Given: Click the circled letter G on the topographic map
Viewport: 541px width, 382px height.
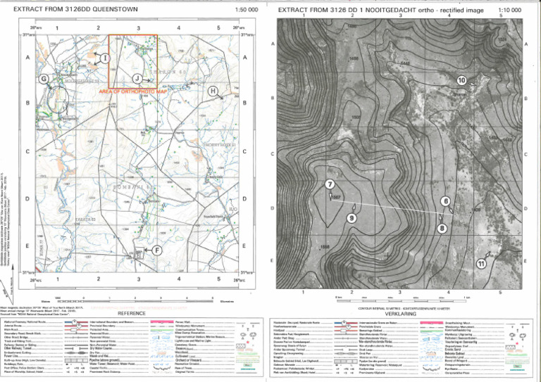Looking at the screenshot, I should click(44, 79).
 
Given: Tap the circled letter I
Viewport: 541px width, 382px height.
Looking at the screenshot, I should click(104, 56).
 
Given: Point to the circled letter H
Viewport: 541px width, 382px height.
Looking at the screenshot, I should click(213, 91).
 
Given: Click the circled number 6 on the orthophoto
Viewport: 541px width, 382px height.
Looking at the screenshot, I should click(445, 201).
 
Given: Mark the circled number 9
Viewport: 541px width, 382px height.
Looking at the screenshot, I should click(352, 219).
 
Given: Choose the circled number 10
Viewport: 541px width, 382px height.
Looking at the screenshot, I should click(461, 80).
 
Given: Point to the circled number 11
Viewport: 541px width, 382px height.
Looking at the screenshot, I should click(481, 264).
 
